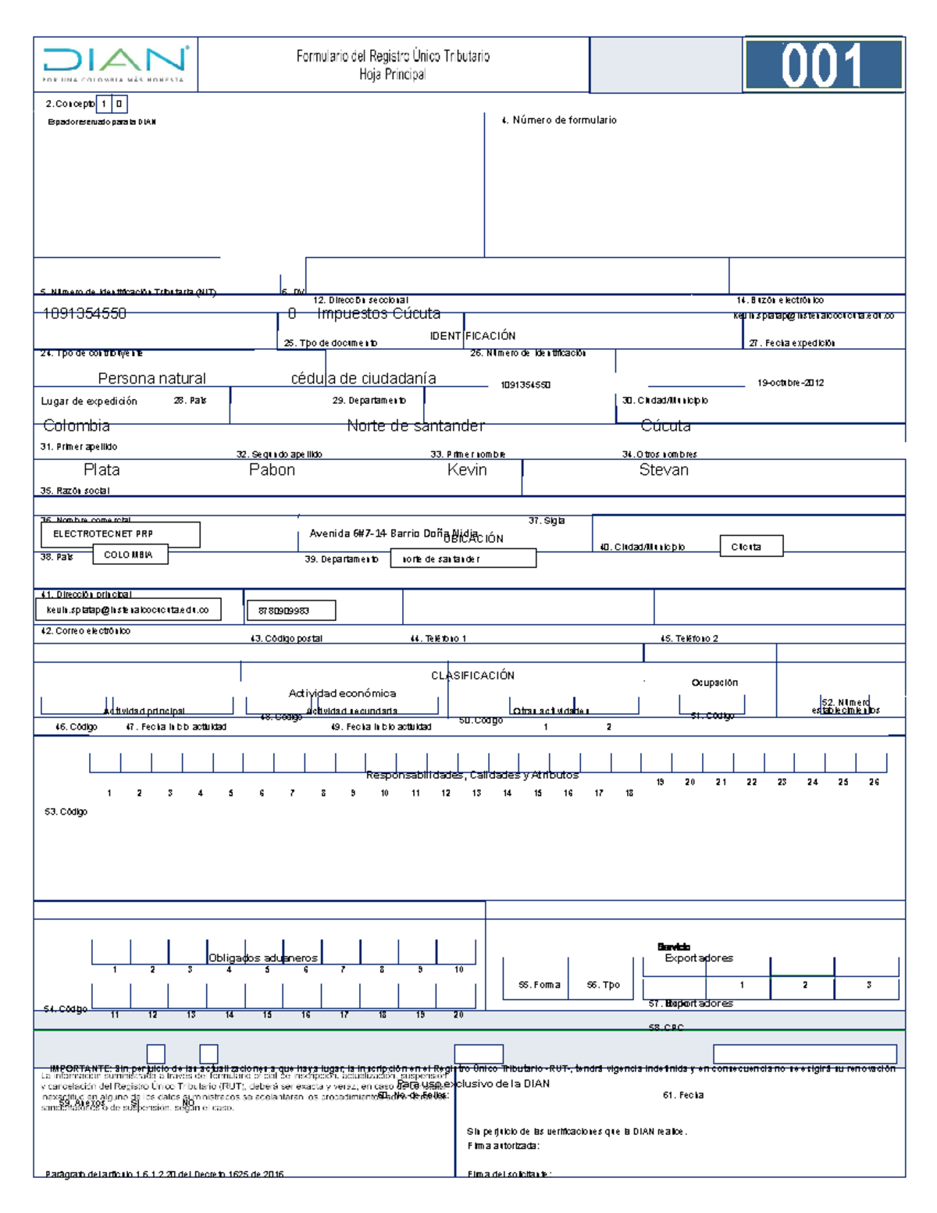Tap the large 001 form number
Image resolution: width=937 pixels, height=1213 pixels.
pyautogui.click(x=823, y=65)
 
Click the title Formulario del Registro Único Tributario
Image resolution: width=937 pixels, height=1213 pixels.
pyautogui.click(x=393, y=56)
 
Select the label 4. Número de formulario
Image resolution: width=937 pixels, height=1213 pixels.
pyautogui.click(x=559, y=120)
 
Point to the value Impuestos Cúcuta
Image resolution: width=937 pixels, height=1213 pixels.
pyautogui.click(x=379, y=314)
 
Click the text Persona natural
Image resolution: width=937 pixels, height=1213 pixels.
pyautogui.click(x=151, y=379)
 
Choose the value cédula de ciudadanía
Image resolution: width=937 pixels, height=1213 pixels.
pyautogui.click(x=363, y=379)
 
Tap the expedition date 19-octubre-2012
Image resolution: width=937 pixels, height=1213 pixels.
pyautogui.click(x=790, y=384)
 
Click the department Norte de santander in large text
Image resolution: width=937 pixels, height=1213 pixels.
pyautogui.click(x=415, y=426)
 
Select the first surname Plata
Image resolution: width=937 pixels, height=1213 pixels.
pyautogui.click(x=102, y=470)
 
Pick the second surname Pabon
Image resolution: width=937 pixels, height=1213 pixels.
pyautogui.click(x=272, y=470)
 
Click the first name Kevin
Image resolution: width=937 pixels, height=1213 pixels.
pyautogui.click(x=467, y=470)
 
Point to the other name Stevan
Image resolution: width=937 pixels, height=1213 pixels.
pyautogui.click(x=664, y=470)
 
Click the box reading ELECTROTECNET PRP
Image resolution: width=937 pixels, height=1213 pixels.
pyautogui.click(x=120, y=534)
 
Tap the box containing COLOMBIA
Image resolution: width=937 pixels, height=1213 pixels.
pyautogui.click(x=129, y=555)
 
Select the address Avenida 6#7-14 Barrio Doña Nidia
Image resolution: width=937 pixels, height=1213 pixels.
pyautogui.click(x=394, y=533)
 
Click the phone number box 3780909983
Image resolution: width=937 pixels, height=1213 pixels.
pyautogui.click(x=290, y=611)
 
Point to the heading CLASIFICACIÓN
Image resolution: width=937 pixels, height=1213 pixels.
pyautogui.click(x=472, y=676)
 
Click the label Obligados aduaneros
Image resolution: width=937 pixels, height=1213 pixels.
pyautogui.click(x=263, y=958)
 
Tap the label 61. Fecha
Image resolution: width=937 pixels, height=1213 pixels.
pyautogui.click(x=683, y=1096)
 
